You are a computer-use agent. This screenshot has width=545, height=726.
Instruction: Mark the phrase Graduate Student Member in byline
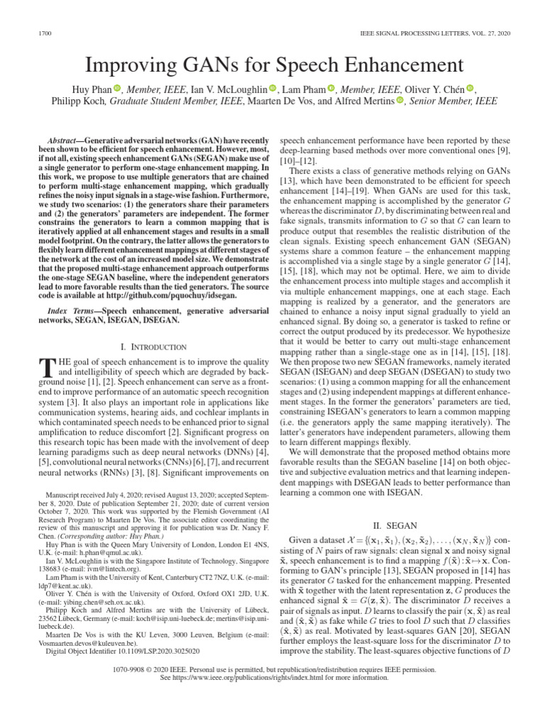(175, 101)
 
